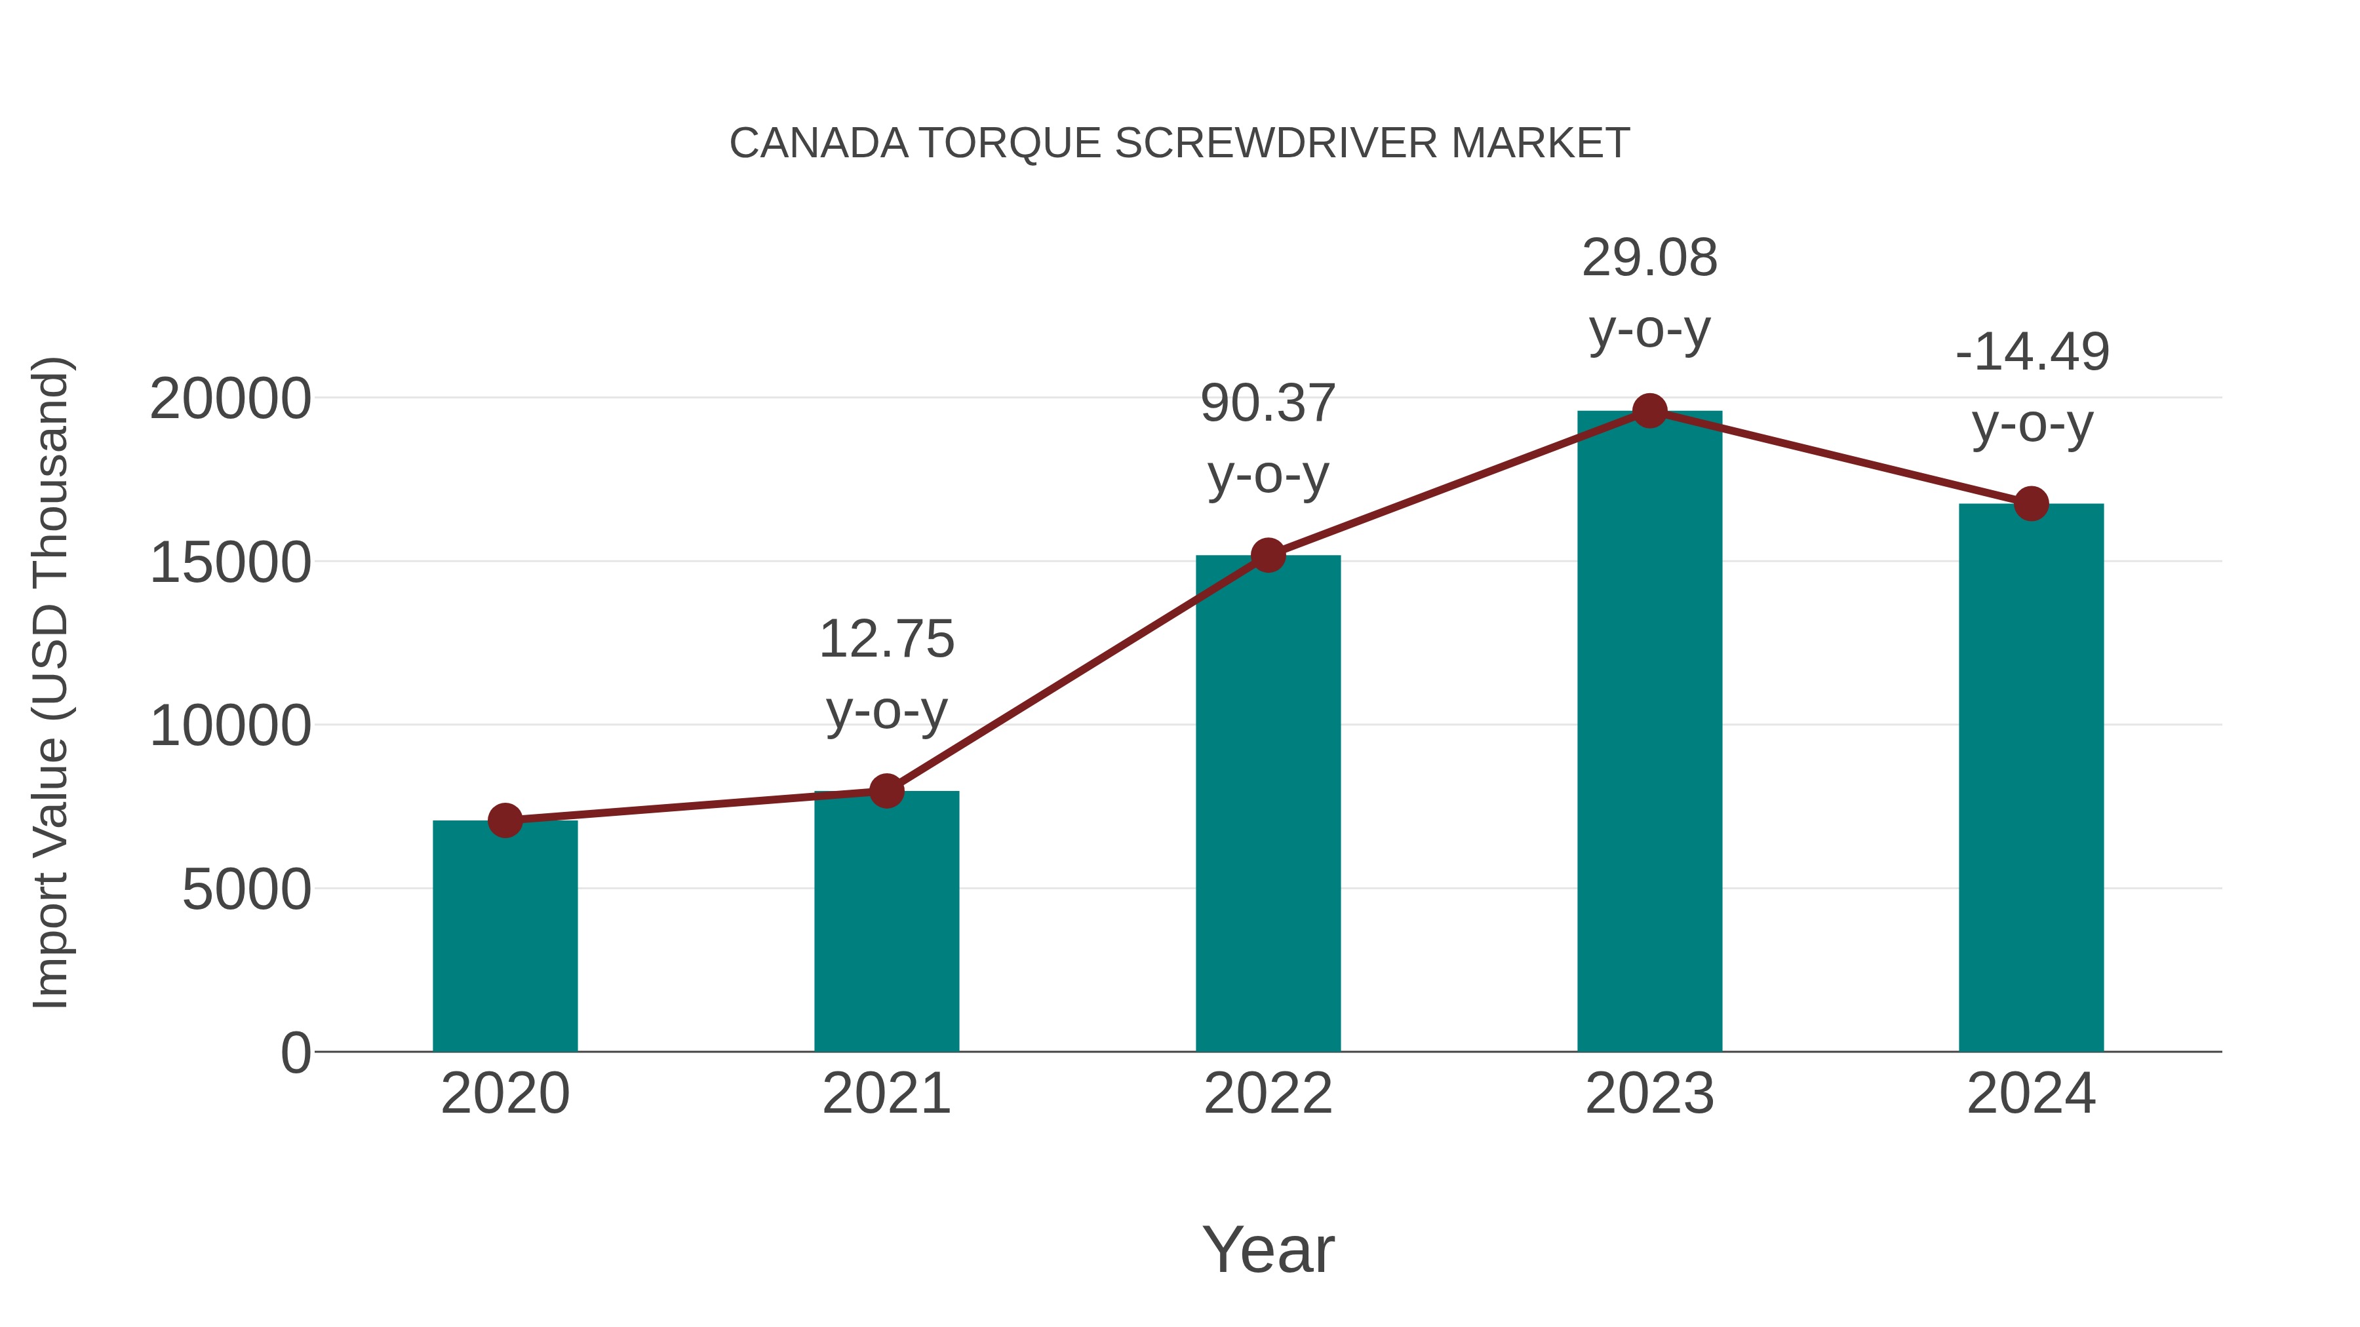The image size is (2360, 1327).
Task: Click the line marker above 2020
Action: coord(505,820)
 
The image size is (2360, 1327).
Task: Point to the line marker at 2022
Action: coord(1268,555)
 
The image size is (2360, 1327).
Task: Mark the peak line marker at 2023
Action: coord(1649,411)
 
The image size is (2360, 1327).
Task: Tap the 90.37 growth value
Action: coord(1268,404)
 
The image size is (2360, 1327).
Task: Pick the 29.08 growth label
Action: coord(1649,258)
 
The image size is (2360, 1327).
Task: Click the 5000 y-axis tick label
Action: coord(246,889)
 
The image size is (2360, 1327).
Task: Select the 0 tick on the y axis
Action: coord(295,1052)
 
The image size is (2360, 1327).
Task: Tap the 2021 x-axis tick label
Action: coord(886,1094)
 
